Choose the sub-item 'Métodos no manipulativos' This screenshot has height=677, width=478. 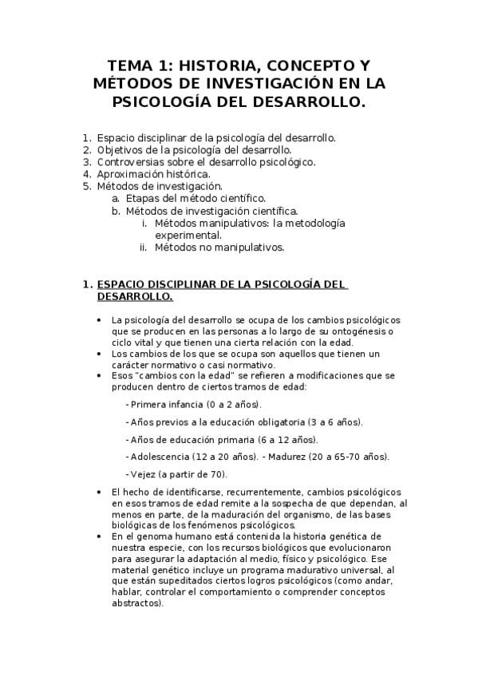point(219,247)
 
